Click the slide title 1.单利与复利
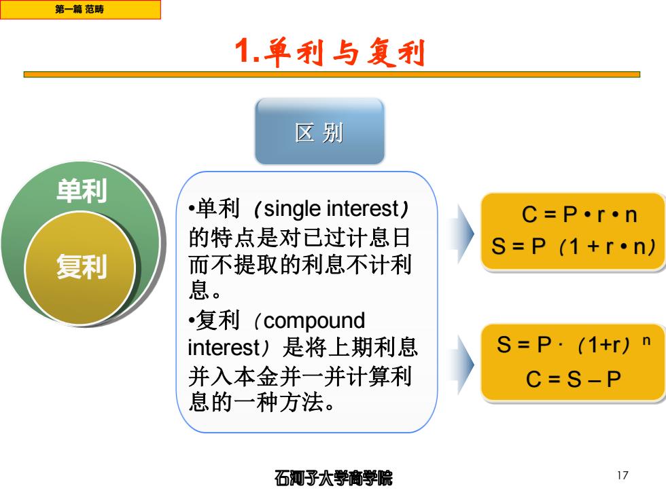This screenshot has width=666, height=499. coord(330,52)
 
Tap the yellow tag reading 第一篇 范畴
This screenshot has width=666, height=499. coord(80,10)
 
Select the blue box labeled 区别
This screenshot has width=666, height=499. coord(319,132)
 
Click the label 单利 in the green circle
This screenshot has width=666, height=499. coord(82,190)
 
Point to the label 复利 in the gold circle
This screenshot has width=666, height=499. coord(82,266)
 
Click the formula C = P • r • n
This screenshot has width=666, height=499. coord(579,215)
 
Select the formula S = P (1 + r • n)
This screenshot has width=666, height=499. coord(574,246)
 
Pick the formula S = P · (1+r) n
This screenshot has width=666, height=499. coord(574,344)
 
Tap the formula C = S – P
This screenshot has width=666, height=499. coord(574,379)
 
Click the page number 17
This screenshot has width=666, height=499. coord(623,475)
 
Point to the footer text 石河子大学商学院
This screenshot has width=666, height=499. coord(334,478)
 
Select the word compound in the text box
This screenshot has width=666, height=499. coord(314,320)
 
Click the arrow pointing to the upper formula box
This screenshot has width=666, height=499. coord(461,233)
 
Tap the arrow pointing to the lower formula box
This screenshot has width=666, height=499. coord(461,364)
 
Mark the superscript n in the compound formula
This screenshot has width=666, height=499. coord(646,341)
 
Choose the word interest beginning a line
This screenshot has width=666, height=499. coord(224,348)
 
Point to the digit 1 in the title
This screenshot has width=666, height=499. coord(243,51)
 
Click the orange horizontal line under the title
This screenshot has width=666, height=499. coord(332,75)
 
